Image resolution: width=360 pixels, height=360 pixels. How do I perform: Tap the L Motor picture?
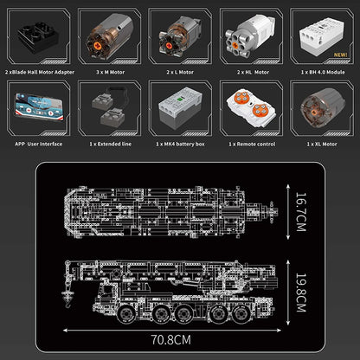click(179, 33)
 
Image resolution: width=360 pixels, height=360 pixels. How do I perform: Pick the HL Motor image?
click(249, 33)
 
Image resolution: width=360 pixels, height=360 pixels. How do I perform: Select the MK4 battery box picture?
click(179, 107)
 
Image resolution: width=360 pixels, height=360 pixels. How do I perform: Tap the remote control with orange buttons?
click(249, 107)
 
